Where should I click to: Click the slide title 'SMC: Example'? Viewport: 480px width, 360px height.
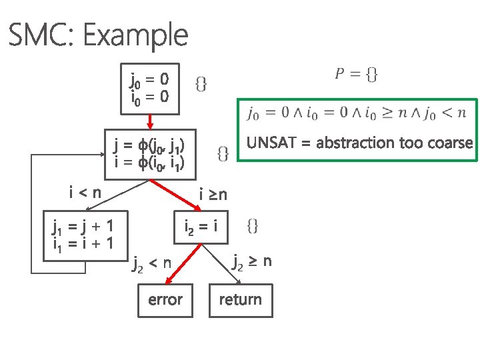(98, 35)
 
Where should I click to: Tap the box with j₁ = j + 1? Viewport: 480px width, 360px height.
(82, 234)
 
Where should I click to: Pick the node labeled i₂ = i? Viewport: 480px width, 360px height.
(201, 227)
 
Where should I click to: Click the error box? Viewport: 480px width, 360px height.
(165, 299)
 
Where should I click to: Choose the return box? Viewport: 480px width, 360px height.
(241, 299)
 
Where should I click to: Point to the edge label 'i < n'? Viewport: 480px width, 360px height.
(85, 193)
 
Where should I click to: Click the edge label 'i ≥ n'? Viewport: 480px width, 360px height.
(213, 195)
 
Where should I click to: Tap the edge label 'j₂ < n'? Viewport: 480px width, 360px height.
(151, 265)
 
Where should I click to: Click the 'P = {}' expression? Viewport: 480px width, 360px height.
(355, 75)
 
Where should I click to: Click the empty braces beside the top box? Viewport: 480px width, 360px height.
(201, 83)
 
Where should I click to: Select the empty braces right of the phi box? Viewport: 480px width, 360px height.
(224, 154)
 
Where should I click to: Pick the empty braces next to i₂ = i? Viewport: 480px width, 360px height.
(253, 226)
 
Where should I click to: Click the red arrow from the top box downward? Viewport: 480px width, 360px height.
(150, 120)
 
